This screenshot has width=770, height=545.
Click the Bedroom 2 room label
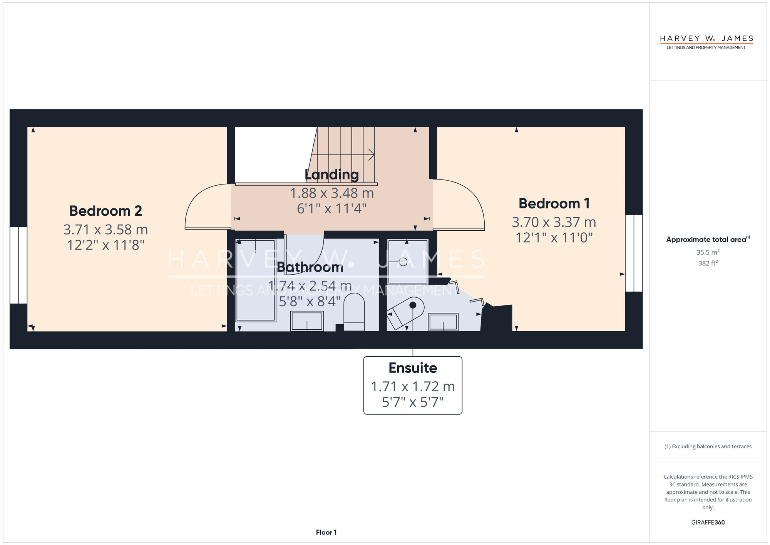tap(105, 211)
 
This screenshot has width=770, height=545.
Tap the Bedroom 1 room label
tap(554, 203)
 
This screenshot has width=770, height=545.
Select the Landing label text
tap(332, 174)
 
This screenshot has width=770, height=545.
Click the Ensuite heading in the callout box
tap(413, 368)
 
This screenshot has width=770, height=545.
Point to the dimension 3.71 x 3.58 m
tap(105, 230)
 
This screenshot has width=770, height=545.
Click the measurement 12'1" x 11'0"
tap(554, 238)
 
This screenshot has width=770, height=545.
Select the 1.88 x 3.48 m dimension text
tap(332, 193)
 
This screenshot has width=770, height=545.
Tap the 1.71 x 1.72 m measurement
tap(413, 386)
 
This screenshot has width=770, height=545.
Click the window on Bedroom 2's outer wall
tap(18, 265)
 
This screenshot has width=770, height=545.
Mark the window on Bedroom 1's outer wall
tap(634, 253)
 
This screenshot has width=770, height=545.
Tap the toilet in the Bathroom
tap(354, 312)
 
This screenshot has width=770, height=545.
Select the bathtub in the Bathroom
tap(256, 280)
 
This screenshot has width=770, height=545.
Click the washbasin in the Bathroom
tap(307, 321)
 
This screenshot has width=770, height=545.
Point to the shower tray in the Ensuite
tap(408, 262)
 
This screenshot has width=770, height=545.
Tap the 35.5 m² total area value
tap(708, 252)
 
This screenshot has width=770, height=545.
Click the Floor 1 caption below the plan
tap(326, 532)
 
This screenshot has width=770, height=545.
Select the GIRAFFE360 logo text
tap(708, 523)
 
